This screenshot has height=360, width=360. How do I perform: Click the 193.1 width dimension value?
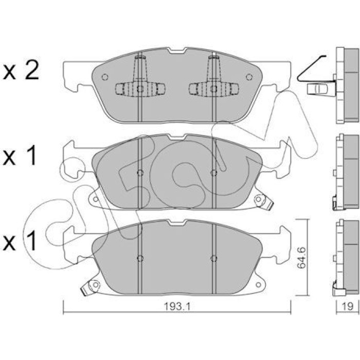[x=177, y=307]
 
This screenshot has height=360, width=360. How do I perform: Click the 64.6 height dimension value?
[x=301, y=258]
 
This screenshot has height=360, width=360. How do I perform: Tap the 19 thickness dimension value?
[x=348, y=307]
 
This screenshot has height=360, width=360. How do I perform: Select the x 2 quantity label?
[x=21, y=71]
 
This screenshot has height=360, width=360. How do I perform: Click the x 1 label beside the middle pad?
[x=20, y=156]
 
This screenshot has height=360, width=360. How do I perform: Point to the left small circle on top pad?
[x=105, y=77]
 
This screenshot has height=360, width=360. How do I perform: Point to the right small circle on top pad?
[x=249, y=77]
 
